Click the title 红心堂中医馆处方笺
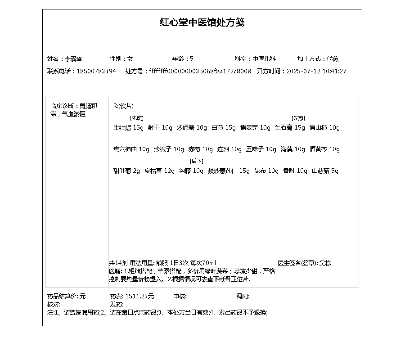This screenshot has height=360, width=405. coord(202,22)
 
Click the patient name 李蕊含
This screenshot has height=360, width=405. coord(73,58)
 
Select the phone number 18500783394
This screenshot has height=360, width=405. coord(96,71)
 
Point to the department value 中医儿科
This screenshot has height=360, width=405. coord(264,58)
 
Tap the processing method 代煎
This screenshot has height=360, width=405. coord(333,58)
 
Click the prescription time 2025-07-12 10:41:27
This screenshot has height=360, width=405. coord(316,71)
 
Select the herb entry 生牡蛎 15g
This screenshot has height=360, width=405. coord(128,128)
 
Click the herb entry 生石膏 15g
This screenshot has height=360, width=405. coord(290,128)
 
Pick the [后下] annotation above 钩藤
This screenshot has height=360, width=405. coord(196,161)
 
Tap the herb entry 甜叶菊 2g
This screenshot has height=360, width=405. coord(126,171)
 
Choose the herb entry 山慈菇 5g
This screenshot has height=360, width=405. coord(325,171)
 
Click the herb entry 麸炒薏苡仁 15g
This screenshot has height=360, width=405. coord(228,171)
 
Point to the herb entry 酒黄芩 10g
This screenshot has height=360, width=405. coord(324,149)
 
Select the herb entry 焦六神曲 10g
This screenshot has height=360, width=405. coord(131,149)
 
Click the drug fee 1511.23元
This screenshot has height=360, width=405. coord(139,296)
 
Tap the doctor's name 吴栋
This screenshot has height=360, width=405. coord(325,263)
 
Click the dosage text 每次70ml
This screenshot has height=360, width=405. coord(203,263)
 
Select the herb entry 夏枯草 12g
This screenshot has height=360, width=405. coord(159,171)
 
